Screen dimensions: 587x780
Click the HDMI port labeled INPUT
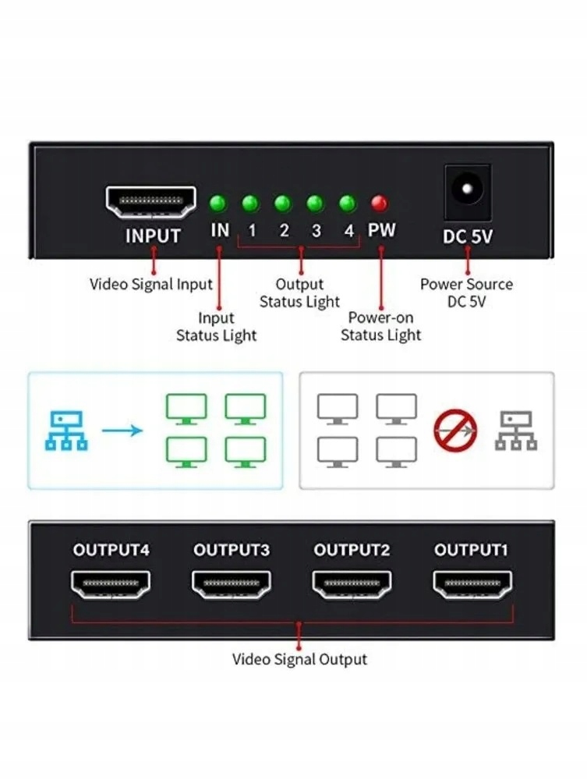(152, 202)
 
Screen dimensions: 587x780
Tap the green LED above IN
(218, 204)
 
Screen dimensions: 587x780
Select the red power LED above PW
(380, 204)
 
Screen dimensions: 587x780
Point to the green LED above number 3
(315, 204)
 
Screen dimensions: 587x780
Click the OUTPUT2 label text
(352, 550)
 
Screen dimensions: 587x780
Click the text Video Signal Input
(151, 284)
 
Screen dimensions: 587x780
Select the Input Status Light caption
(216, 327)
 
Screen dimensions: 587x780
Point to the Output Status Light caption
(299, 293)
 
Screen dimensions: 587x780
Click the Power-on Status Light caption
(381, 327)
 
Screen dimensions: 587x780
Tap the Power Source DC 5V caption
(466, 292)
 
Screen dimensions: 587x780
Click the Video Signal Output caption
(299, 659)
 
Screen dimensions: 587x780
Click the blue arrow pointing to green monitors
(122, 430)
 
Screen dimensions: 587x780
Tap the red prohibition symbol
(455, 428)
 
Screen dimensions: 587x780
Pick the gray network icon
(516, 431)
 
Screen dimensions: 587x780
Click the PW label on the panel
(382, 232)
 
